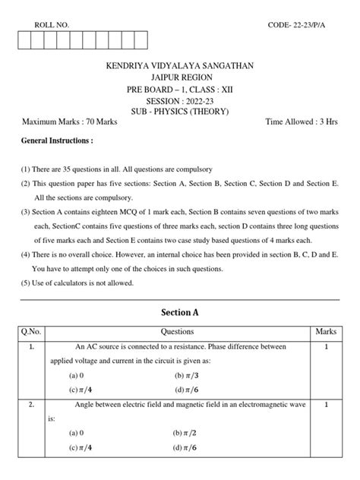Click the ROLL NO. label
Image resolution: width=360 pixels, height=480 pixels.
click(52, 25)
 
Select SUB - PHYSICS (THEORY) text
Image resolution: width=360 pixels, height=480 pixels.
click(181, 112)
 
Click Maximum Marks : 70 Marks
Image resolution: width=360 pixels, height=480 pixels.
click(68, 122)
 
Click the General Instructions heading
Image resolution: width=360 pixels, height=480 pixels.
click(58, 141)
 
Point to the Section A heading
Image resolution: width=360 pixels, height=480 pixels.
click(180, 312)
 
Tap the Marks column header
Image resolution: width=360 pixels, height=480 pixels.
click(325, 332)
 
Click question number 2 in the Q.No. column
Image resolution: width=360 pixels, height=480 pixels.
click(31, 406)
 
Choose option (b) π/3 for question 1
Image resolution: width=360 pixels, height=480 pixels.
click(186, 374)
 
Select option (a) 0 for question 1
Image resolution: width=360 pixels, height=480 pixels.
click(76, 375)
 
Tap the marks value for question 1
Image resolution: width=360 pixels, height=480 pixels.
click(325, 346)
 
